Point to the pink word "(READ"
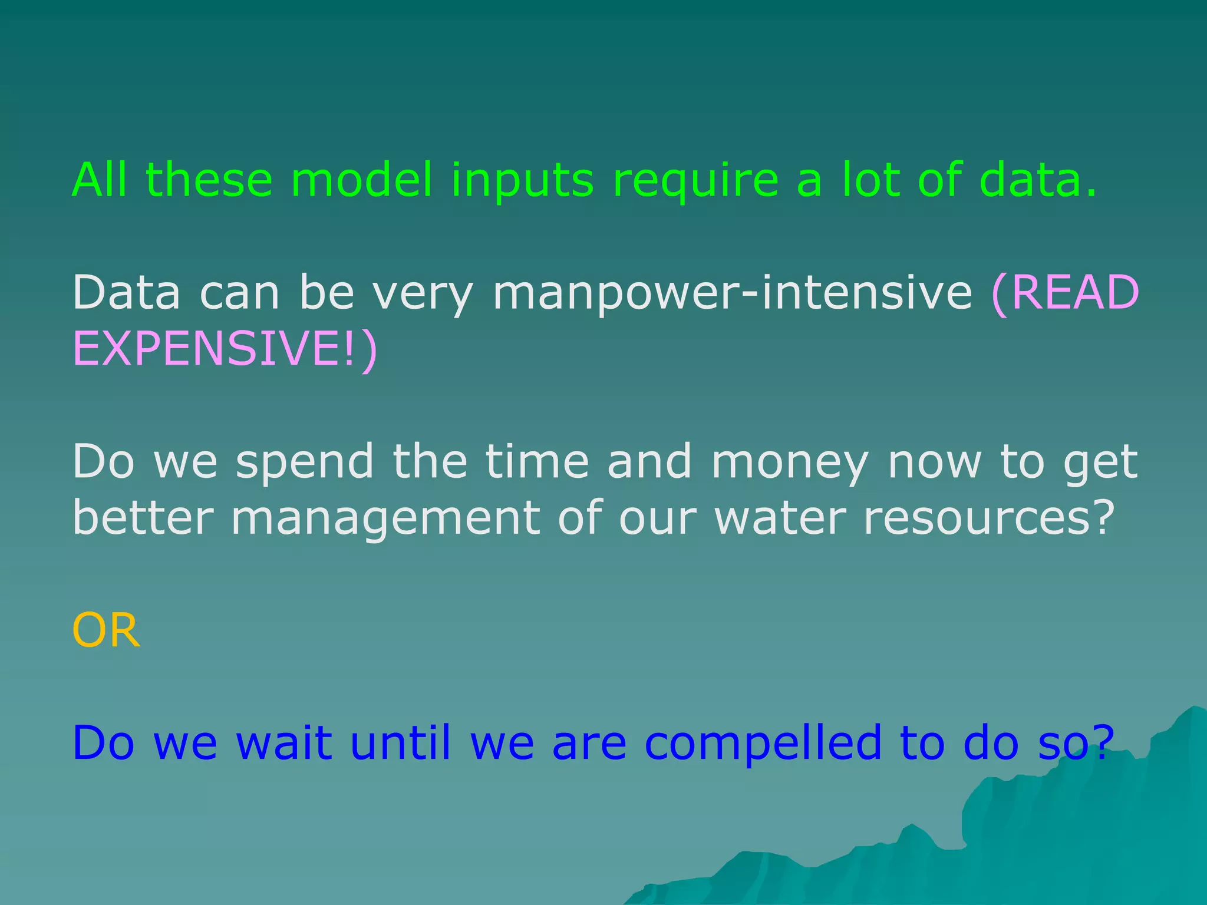pos(1065,293)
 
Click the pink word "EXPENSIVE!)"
pos(225,349)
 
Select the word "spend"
pos(305,463)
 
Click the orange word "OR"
pos(106,630)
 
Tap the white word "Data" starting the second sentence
pos(126,293)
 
